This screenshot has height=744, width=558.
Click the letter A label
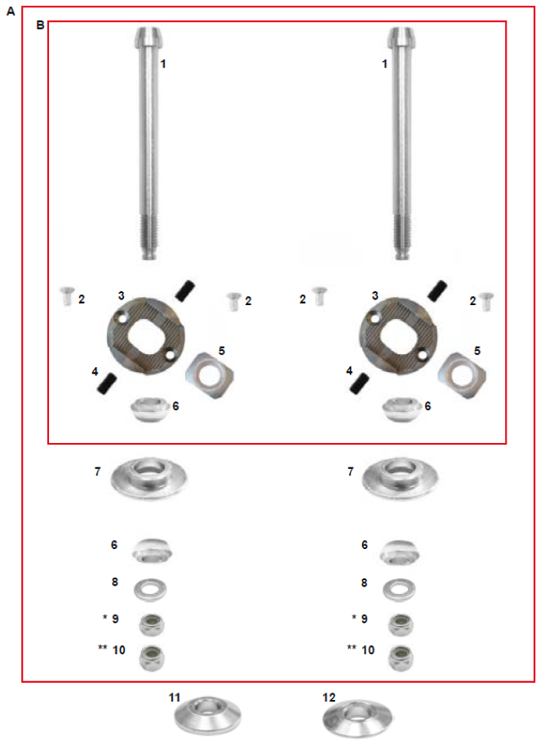11,12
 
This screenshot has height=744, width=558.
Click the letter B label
40,26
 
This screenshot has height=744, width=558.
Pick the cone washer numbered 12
355,715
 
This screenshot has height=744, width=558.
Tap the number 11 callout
175,697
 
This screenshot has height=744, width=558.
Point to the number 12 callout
329,697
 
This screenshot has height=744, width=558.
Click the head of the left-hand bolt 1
148,38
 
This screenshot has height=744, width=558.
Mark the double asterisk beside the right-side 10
352,649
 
